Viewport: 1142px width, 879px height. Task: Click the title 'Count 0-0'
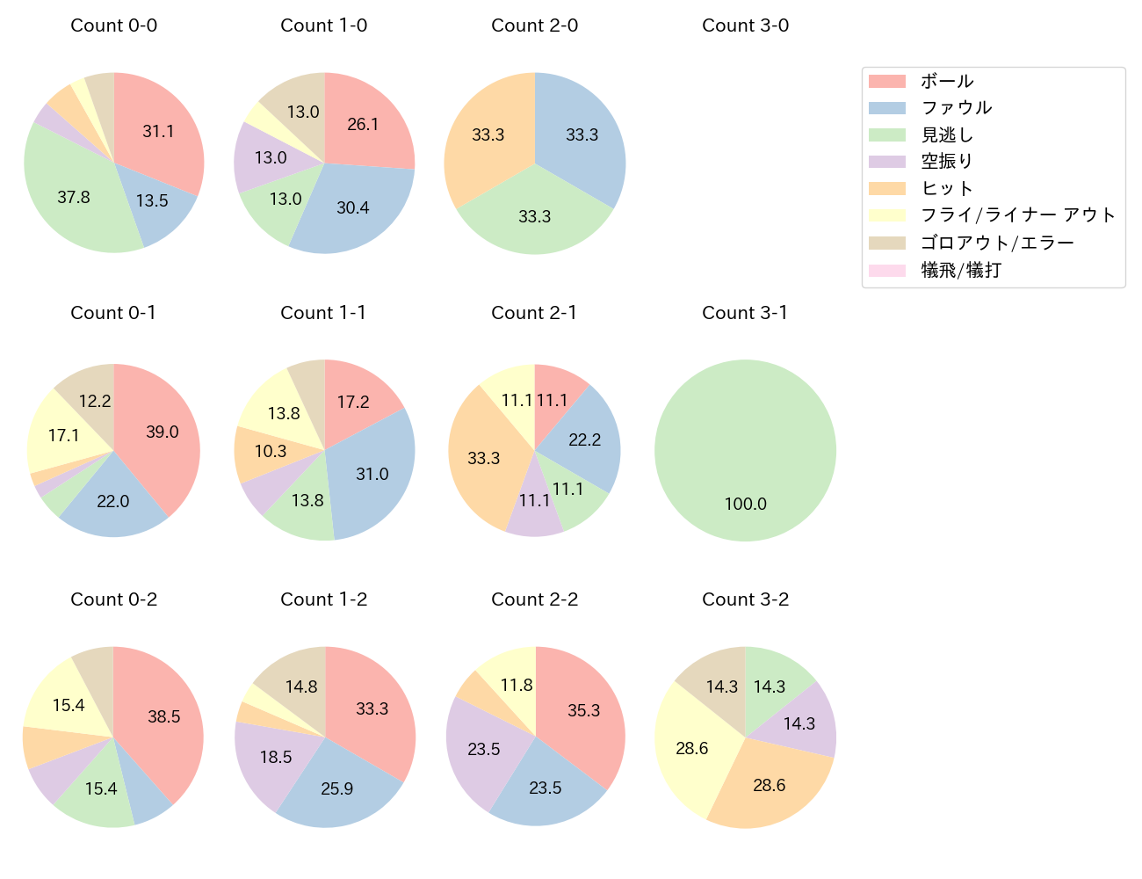coord(114,25)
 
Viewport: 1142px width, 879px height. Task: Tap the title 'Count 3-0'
coord(745,25)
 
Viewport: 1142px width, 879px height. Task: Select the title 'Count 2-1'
coord(534,313)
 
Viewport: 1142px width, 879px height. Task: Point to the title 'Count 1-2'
coord(323,599)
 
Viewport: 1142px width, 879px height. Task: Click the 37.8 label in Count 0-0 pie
coord(74,197)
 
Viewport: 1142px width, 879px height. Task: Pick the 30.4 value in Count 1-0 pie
coord(353,207)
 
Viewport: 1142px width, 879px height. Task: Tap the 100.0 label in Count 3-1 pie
coord(745,504)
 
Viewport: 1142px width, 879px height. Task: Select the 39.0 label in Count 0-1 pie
coord(163,432)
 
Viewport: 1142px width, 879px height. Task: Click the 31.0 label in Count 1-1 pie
coord(372,474)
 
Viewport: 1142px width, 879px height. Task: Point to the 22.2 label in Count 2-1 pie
coord(584,439)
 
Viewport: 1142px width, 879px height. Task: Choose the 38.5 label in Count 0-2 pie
coord(164,716)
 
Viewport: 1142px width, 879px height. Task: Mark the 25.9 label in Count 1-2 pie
coord(337,788)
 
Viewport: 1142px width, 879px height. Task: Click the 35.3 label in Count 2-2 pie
coord(584,710)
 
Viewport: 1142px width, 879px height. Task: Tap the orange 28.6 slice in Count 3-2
coord(770,785)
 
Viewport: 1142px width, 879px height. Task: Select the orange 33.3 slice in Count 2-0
coord(488,134)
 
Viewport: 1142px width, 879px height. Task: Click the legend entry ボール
coord(947,81)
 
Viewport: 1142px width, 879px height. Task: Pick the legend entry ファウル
coord(956,108)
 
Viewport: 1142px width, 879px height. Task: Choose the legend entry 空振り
coord(947,162)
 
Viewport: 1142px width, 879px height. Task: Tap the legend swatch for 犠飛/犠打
coord(887,270)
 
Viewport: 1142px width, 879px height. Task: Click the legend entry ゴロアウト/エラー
coord(997,243)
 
